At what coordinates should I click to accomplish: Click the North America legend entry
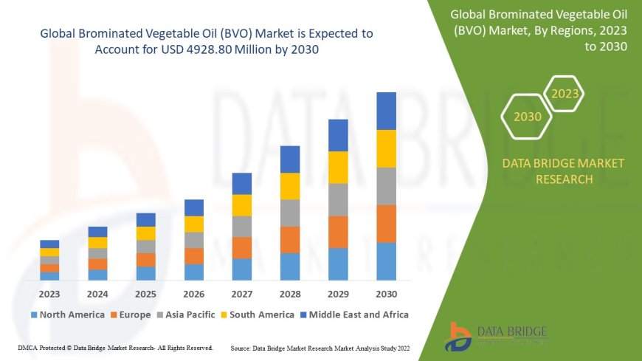67,314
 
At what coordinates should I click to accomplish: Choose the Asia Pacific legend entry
187,314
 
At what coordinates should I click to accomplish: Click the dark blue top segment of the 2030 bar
386,111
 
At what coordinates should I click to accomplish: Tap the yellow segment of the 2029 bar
338,167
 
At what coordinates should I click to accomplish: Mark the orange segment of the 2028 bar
290,239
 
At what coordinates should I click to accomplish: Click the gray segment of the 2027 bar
242,226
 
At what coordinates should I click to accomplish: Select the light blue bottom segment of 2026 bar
194,272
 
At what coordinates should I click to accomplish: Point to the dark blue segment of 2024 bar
97,232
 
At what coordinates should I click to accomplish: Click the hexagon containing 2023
565,94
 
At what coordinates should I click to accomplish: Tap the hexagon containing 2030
527,117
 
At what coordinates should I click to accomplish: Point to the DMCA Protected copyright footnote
114,347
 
